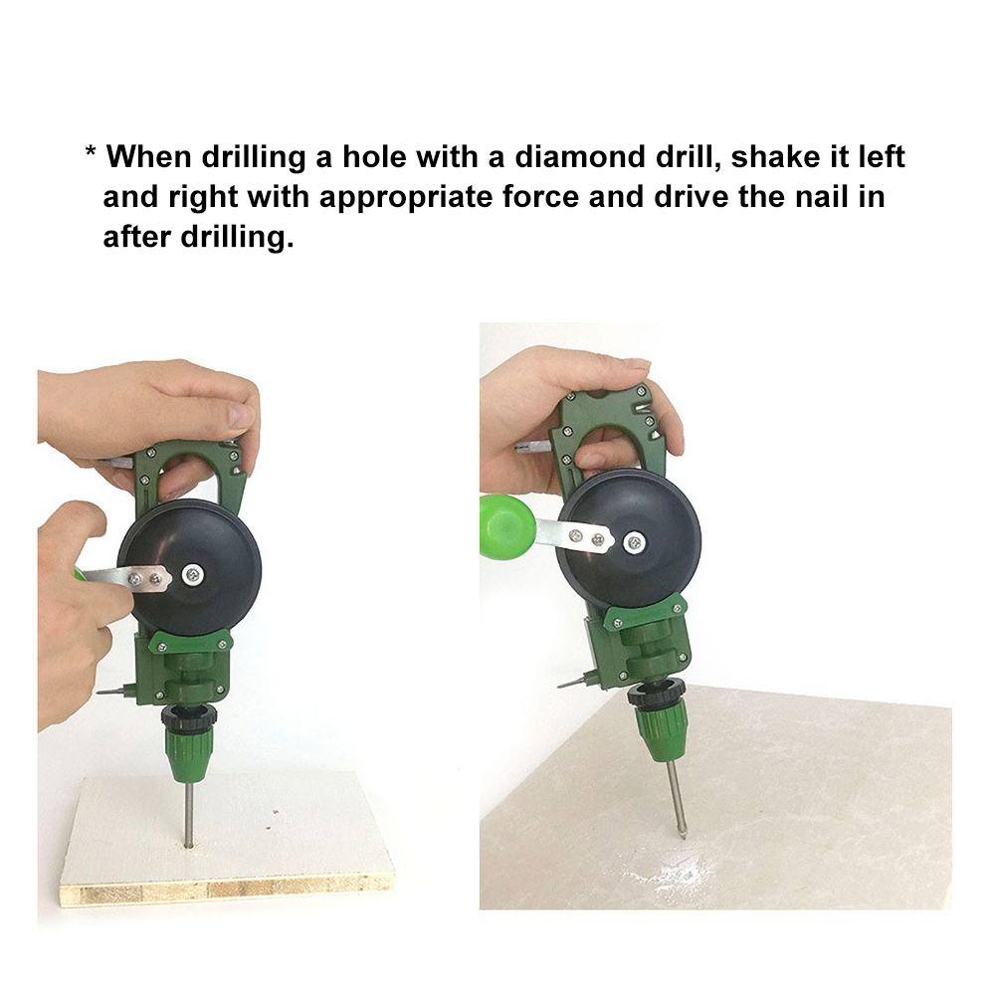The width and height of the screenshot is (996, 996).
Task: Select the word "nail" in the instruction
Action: [822, 196]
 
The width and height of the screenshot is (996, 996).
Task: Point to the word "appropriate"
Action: [405, 198]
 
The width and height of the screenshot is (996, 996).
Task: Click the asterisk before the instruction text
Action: [91, 152]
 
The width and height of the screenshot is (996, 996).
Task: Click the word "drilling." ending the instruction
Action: [237, 238]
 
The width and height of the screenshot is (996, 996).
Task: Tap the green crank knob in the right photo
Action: [506, 527]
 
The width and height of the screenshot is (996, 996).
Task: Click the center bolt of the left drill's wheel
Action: [193, 575]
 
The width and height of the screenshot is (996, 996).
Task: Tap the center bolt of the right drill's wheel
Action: [634, 542]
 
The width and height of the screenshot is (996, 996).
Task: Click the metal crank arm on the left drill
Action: [127, 578]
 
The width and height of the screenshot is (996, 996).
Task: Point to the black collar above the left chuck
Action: [189, 716]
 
